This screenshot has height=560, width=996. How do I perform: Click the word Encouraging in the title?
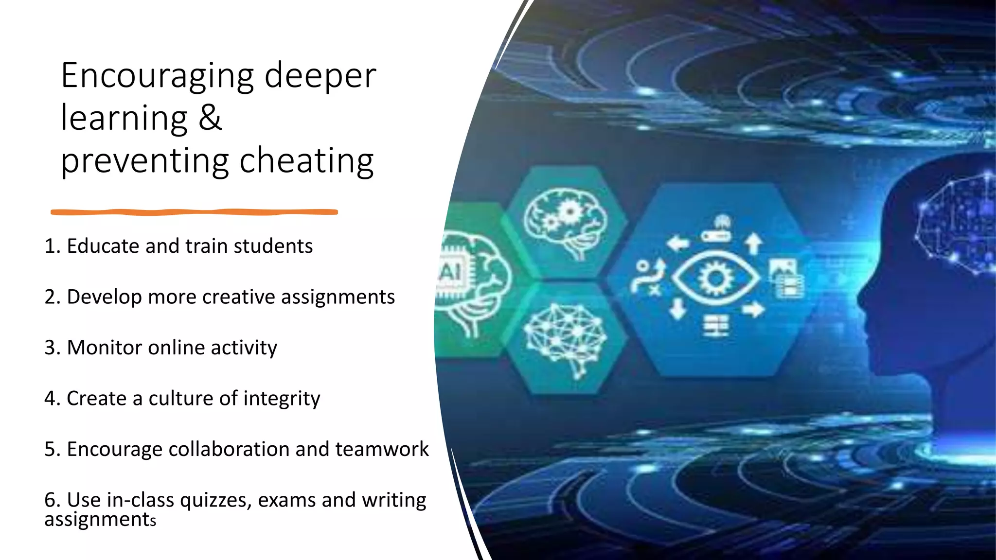coord(157,76)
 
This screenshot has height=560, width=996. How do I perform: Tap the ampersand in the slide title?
coord(210,118)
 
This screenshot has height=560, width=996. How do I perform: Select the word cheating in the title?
coord(306,160)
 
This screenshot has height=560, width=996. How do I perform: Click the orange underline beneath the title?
coord(194,212)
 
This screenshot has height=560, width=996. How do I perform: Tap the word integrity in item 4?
coord(282,399)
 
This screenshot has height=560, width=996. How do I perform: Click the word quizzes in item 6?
coord(215,500)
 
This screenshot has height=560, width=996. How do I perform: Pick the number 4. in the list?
coord(52,399)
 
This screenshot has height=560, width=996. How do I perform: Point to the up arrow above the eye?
coord(753,243)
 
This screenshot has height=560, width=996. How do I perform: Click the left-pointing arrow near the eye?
coord(678,243)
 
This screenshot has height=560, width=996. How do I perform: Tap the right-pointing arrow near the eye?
coord(753,309)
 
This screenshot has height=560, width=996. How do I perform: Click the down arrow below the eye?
coord(677,309)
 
